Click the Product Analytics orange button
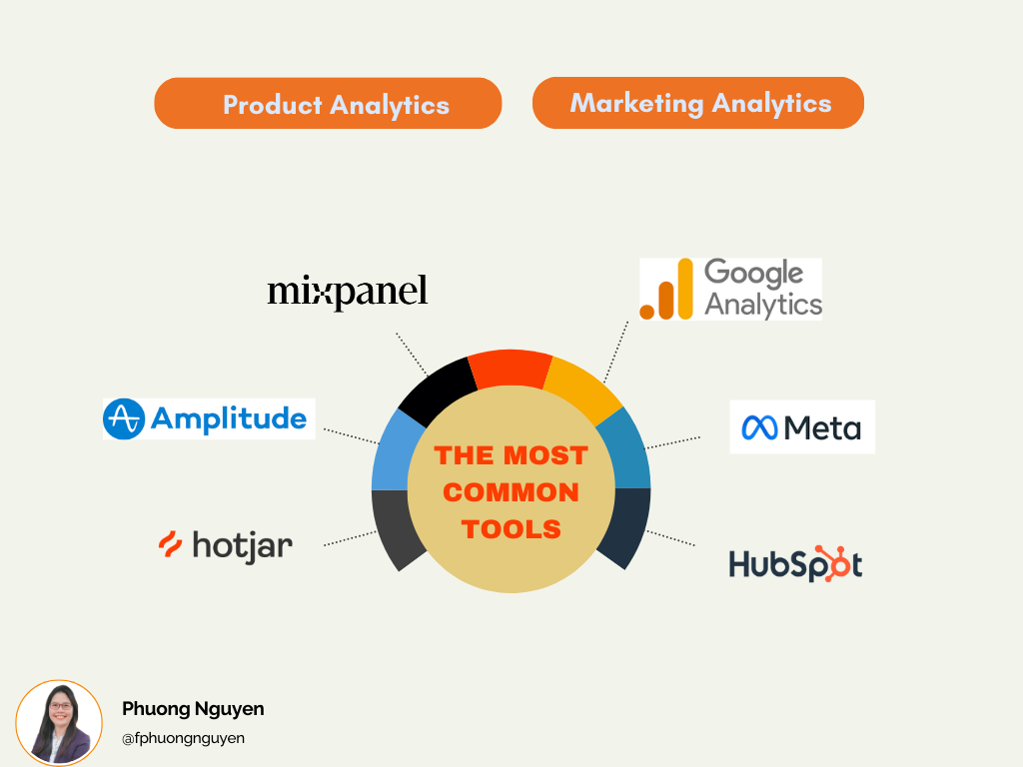(x=328, y=103)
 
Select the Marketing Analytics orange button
(x=698, y=103)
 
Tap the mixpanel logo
(x=347, y=292)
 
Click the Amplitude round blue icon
(x=123, y=418)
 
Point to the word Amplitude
(x=229, y=418)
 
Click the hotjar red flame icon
(x=170, y=544)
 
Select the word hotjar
(x=243, y=546)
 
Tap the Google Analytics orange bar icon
(x=666, y=289)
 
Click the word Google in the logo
(x=753, y=274)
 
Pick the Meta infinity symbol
(x=759, y=427)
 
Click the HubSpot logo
(x=795, y=564)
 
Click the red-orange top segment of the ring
(x=511, y=369)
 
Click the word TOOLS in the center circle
(x=511, y=529)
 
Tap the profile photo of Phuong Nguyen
(x=59, y=723)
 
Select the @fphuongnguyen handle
(x=184, y=738)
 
